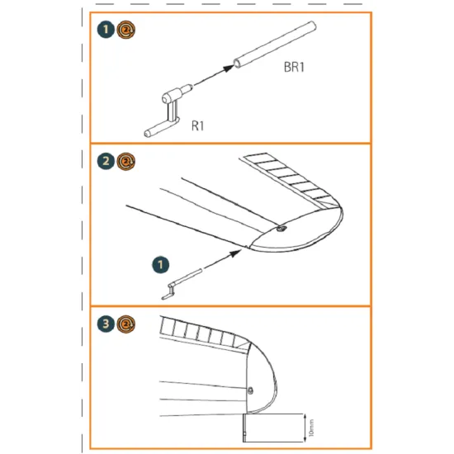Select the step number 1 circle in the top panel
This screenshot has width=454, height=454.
click(x=104, y=31)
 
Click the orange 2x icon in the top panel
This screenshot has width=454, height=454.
click(x=123, y=31)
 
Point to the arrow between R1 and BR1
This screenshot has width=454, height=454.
click(x=211, y=76)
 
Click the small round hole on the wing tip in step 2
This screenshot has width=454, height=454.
click(x=282, y=229)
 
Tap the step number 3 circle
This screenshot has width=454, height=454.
click(x=104, y=324)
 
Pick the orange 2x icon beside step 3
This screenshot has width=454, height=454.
click(x=124, y=324)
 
